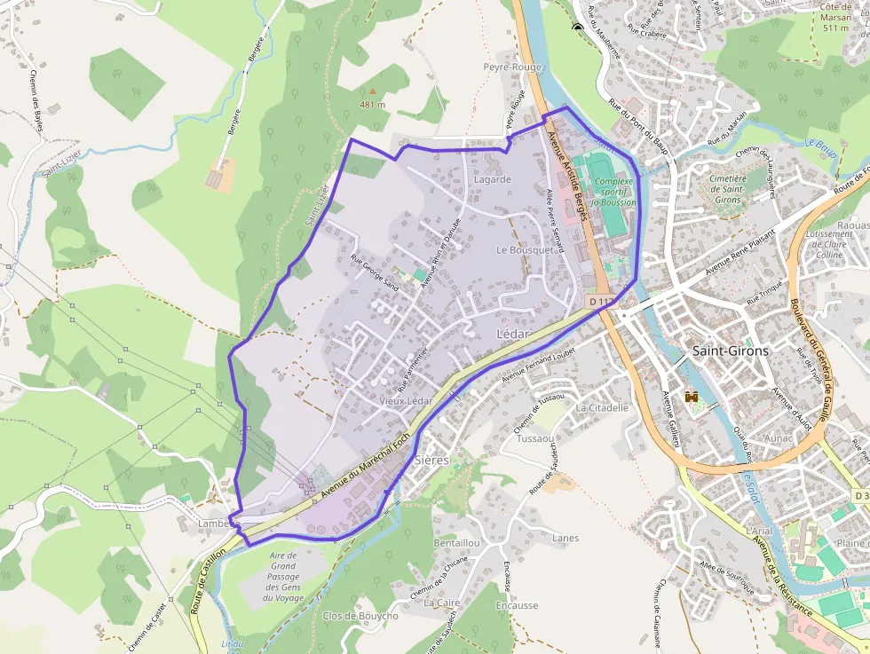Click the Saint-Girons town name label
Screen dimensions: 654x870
pos(730,351)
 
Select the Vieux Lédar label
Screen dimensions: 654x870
pos(406,401)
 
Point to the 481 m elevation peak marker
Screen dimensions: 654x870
pos(373,91)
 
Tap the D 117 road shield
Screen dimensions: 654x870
pos(601,302)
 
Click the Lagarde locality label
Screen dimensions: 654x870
pos(493,179)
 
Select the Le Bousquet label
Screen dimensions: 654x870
pos(525,250)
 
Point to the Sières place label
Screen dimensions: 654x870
pos(431,460)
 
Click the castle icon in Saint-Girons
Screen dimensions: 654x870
pos(692,399)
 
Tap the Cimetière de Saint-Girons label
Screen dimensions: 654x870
pos(726,189)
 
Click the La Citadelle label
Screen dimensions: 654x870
pos(602,408)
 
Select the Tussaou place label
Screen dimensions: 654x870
pos(535,439)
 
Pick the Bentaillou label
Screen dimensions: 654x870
pos(456,542)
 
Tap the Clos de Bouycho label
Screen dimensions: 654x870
pos(360,616)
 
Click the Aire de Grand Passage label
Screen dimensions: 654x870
pos(283,576)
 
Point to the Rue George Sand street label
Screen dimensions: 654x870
pos(374,272)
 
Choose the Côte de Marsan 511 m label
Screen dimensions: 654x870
pos(836,17)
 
